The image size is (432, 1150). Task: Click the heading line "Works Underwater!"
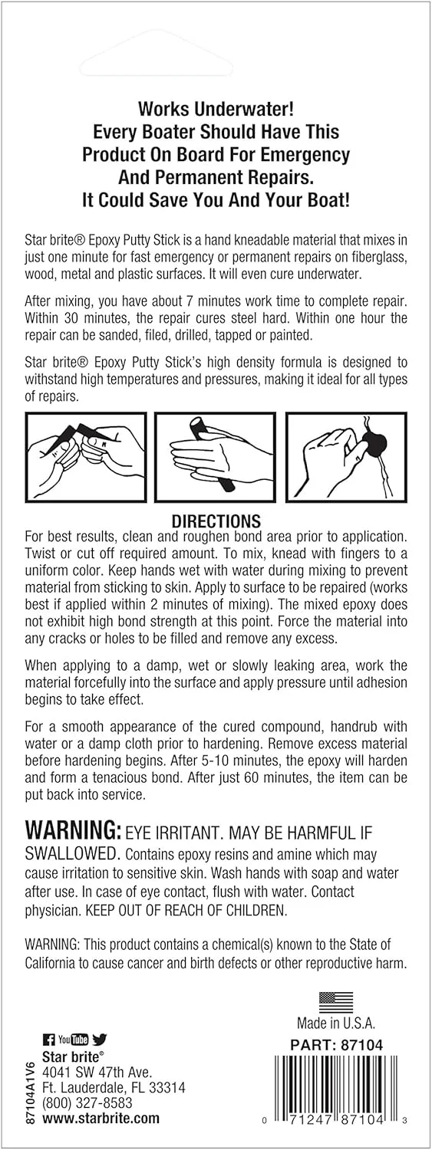click(216, 109)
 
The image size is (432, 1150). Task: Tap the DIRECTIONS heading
click(216, 521)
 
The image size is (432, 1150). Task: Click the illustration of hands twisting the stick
click(86, 457)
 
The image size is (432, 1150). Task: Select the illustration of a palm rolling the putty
click(216, 457)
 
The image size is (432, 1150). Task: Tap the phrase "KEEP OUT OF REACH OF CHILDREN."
click(186, 910)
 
